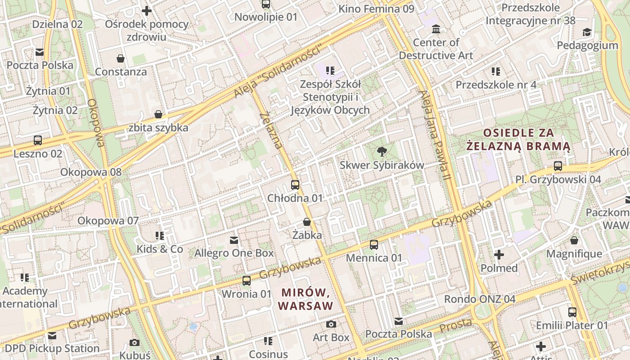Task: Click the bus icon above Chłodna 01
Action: pyautogui.click(x=295, y=184)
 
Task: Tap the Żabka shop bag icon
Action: pyautogui.click(x=307, y=222)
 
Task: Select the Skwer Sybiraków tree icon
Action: pyautogui.click(x=382, y=152)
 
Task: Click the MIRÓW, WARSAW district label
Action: pyautogui.click(x=306, y=299)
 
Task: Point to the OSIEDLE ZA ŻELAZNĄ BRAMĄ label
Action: pyautogui.click(x=518, y=139)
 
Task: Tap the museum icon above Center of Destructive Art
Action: pyautogui.click(x=436, y=30)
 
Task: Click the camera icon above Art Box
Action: pyautogui.click(x=331, y=324)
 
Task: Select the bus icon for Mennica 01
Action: pyautogui.click(x=374, y=245)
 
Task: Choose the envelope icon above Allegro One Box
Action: pyautogui.click(x=234, y=240)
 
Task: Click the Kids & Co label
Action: pyautogui.click(x=160, y=249)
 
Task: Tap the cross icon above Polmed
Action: pyautogui.click(x=499, y=255)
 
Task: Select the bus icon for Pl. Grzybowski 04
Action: pyautogui.click(x=558, y=166)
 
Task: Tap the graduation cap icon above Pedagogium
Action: pyautogui.click(x=587, y=32)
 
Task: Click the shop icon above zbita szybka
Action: pyautogui.click(x=158, y=114)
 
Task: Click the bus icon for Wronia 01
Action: pyautogui.click(x=247, y=281)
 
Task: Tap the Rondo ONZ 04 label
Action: pyautogui.click(x=480, y=299)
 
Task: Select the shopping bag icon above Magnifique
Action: pyautogui.click(x=574, y=241)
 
